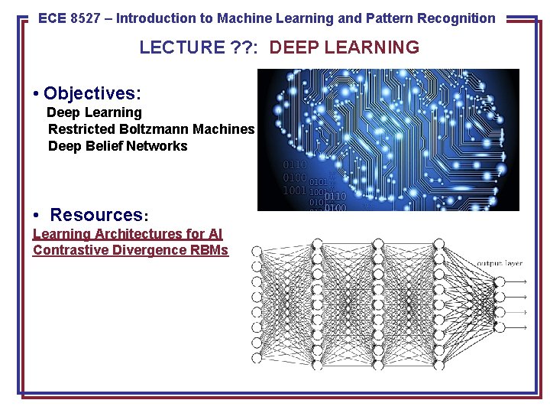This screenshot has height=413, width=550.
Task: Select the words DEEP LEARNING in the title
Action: [x=344, y=47]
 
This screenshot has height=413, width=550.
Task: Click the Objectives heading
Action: [x=92, y=93]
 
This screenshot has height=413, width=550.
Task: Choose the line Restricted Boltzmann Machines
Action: [x=150, y=129]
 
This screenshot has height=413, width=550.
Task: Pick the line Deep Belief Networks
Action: [x=117, y=146]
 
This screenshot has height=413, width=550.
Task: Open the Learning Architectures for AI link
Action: [x=128, y=234]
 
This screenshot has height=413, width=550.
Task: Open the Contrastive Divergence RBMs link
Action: [x=131, y=250]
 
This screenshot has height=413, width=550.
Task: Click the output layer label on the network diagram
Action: [x=500, y=263]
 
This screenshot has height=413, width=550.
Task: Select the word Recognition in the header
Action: [x=456, y=18]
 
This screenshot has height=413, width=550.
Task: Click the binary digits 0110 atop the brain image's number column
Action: [x=295, y=164]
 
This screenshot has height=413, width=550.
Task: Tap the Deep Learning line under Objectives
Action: [x=95, y=112]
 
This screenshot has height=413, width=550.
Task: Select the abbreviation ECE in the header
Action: [x=52, y=18]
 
